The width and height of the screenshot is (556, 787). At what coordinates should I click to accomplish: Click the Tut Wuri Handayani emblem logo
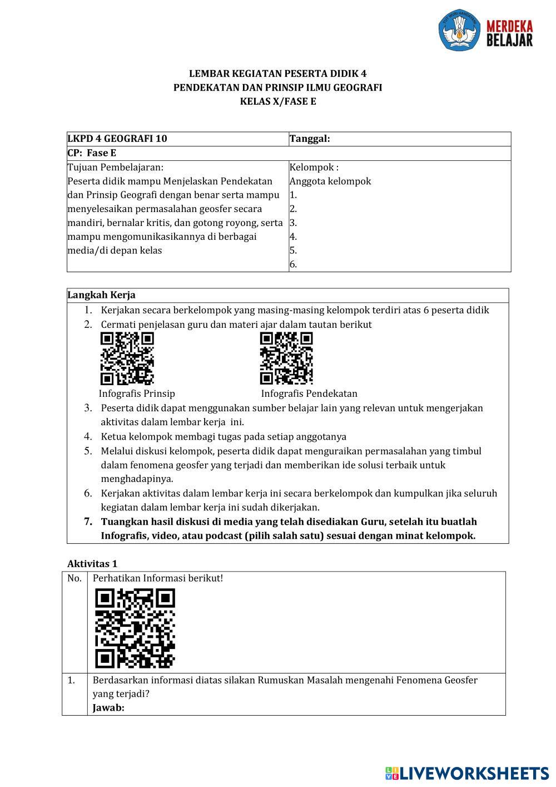tap(459, 29)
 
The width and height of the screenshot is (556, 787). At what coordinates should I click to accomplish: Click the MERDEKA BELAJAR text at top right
tap(509, 33)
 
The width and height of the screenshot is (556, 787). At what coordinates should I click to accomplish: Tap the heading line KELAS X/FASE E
tap(278, 101)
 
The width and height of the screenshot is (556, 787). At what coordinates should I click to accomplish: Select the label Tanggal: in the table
tap(310, 139)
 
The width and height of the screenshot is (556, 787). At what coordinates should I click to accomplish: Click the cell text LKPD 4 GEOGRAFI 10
tap(117, 139)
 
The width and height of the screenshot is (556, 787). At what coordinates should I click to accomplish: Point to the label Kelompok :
tap(314, 167)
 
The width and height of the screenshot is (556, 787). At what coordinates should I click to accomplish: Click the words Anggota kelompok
tap(330, 181)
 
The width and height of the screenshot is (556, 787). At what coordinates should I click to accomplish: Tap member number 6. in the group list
tap(294, 264)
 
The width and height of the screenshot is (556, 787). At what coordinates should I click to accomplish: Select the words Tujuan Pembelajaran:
tap(116, 167)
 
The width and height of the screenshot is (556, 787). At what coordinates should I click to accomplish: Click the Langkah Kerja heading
tap(102, 295)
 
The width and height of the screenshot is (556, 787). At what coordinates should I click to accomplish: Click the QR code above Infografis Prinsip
tap(127, 358)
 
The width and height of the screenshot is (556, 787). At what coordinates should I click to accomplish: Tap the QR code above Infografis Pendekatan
tap(286, 358)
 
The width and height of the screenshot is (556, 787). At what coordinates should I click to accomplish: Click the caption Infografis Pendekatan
tap(309, 393)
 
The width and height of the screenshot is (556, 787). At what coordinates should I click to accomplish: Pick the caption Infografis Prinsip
tap(137, 393)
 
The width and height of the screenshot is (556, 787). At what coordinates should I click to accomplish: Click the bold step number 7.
tap(88, 522)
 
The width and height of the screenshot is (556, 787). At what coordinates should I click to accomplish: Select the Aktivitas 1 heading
tap(92, 564)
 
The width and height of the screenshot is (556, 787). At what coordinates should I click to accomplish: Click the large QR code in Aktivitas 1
tap(135, 628)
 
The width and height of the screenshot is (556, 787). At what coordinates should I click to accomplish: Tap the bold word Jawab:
tap(108, 708)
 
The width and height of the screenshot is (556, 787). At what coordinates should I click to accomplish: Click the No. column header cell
tap(75, 578)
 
